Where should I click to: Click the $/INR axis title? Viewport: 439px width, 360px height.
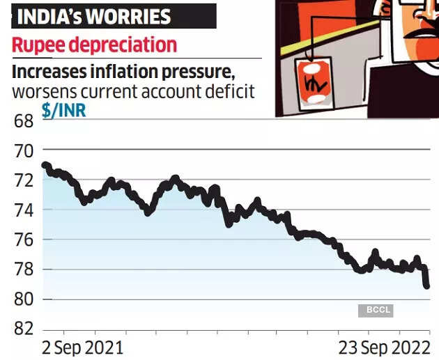click(64, 110)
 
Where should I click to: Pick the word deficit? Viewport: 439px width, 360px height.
click(231, 92)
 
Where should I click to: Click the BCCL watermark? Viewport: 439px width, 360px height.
click(376, 310)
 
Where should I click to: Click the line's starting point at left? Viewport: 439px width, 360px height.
click(45, 165)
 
